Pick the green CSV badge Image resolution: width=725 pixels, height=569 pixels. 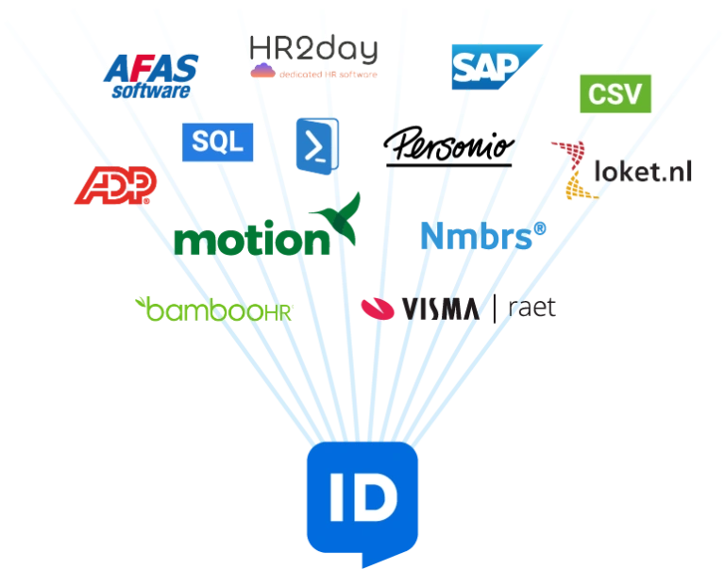click(615, 93)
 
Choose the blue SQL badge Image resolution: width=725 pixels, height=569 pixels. click(217, 142)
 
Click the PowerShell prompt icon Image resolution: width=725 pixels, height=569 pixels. click(316, 144)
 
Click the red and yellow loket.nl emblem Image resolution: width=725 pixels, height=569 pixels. click(576, 170)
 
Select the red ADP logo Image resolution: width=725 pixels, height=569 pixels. click(116, 185)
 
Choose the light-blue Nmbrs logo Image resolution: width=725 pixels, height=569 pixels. click(481, 236)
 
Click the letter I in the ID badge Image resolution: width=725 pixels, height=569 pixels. click(336, 501)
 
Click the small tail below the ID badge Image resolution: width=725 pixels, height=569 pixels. click(362, 561)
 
